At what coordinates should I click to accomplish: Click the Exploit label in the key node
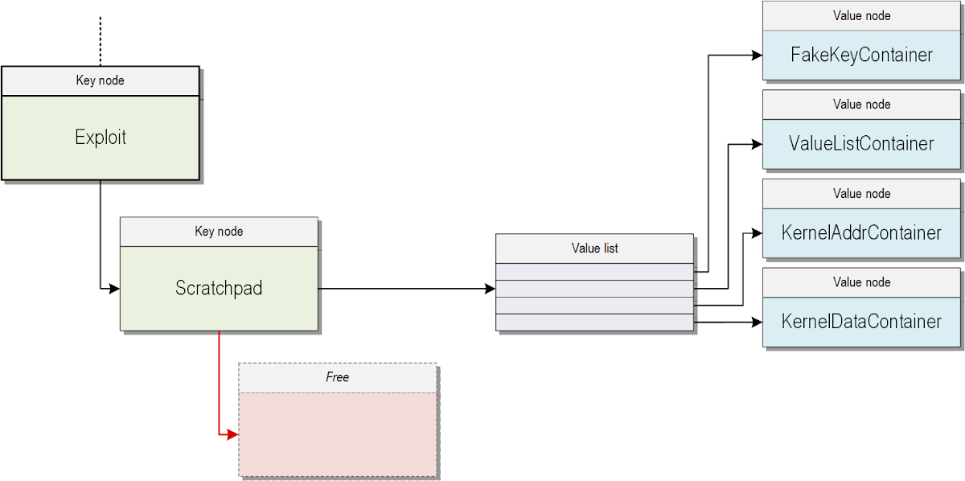(101, 138)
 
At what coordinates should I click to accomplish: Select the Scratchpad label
(219, 288)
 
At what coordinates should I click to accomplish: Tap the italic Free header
(338, 377)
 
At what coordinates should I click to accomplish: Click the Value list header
(594, 249)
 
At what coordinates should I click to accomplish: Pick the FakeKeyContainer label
(861, 55)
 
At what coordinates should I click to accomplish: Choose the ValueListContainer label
(861, 144)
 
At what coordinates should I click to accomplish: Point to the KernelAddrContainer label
(861, 233)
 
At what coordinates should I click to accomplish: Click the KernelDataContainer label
(861, 322)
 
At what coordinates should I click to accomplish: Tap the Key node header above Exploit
(101, 80)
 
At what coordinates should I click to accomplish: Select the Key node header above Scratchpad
(219, 232)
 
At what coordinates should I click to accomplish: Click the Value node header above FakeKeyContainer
(861, 15)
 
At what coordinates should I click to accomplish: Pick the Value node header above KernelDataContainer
(861, 282)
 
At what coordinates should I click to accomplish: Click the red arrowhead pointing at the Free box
(232, 434)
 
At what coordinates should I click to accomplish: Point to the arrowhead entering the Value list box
(490, 289)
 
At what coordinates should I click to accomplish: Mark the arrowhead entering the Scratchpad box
(114, 288)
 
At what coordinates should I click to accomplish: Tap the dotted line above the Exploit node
(100, 40)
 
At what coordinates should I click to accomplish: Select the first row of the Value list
(594, 272)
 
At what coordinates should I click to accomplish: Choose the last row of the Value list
(594, 322)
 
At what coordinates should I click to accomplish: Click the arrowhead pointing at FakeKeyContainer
(757, 55)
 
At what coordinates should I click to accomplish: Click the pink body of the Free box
(338, 434)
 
